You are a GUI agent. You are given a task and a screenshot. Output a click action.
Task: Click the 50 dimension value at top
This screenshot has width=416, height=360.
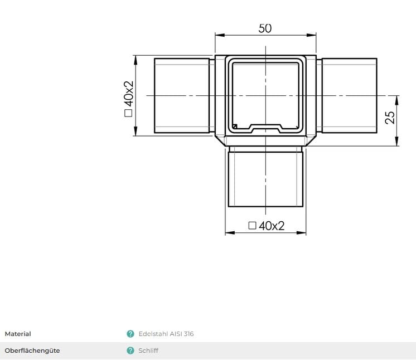(265, 28)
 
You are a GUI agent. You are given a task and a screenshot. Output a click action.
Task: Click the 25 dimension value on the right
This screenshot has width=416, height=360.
(390, 117)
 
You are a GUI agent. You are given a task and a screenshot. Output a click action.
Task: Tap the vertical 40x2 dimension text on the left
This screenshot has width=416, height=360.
(129, 94)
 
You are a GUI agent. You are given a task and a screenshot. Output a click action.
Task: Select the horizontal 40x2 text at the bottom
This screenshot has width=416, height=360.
(272, 226)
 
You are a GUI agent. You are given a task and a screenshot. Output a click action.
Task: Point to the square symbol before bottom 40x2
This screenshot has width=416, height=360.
(252, 226)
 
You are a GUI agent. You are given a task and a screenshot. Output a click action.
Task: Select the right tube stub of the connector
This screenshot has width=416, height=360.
(349, 96)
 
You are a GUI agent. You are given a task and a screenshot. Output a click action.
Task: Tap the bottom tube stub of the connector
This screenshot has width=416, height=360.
(265, 178)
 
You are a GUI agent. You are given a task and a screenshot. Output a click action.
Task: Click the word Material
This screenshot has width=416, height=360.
(18, 334)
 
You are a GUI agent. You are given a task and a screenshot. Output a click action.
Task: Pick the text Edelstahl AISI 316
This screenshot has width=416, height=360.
(166, 334)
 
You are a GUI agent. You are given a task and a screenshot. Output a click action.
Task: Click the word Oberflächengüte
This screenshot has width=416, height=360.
(32, 351)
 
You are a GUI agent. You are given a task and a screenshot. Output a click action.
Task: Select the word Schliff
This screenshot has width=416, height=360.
(148, 351)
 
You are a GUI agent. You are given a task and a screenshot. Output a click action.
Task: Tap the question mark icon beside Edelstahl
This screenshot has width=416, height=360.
(130, 334)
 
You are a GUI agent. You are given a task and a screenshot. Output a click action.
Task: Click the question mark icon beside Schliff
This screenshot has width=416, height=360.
(130, 351)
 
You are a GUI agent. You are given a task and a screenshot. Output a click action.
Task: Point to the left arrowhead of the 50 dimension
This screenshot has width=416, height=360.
(218, 35)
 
